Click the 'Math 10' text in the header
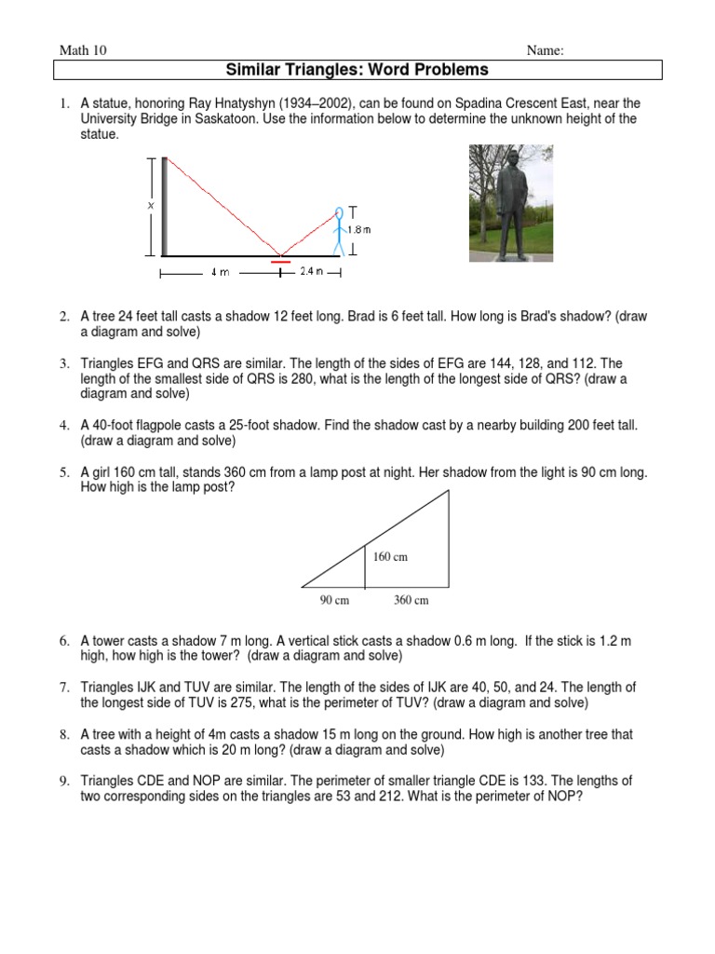click(x=83, y=50)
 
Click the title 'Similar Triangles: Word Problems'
click(x=357, y=70)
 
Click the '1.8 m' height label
click(x=359, y=229)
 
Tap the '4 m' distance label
click(x=219, y=273)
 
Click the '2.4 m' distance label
click(x=311, y=272)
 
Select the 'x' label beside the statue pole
click(x=149, y=205)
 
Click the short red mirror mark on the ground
click(x=280, y=263)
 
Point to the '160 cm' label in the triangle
click(x=391, y=557)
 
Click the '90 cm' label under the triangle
click(x=334, y=601)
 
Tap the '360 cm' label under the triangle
click(x=411, y=601)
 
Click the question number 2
click(x=64, y=317)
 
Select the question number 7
click(x=64, y=688)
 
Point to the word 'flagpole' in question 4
click(x=153, y=425)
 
